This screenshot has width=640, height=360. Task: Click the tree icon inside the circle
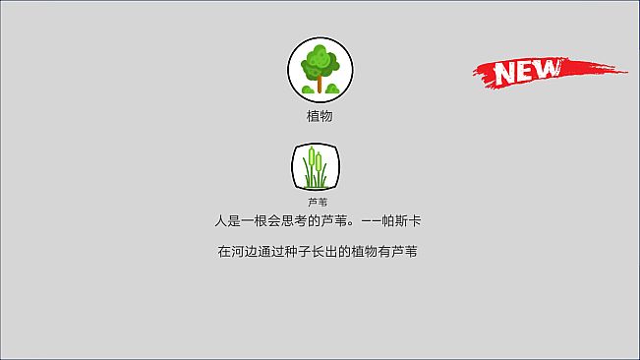pyautogui.click(x=320, y=69)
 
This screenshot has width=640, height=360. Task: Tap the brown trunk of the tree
pyautogui.click(x=320, y=84)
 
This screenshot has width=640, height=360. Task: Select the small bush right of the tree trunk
pyautogui.click(x=332, y=90)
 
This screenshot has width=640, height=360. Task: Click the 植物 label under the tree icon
pyautogui.click(x=320, y=116)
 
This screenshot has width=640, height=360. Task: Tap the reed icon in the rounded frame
pyautogui.click(x=316, y=166)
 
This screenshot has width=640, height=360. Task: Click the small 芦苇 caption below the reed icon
pyautogui.click(x=317, y=202)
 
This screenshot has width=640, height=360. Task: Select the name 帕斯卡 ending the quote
pyautogui.click(x=404, y=220)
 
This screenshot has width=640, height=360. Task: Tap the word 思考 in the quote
pyautogui.click(x=302, y=220)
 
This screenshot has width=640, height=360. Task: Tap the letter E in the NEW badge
pyautogui.click(x=527, y=71)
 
